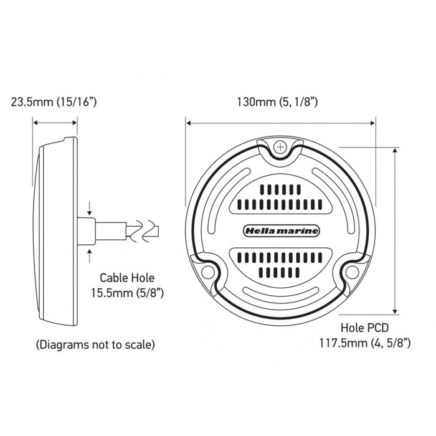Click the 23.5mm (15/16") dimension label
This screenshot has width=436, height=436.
[x=54, y=102]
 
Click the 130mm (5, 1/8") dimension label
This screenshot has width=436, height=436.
[x=278, y=102]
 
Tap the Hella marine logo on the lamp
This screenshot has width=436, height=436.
[x=281, y=231]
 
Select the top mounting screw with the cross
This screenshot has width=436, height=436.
[x=281, y=148]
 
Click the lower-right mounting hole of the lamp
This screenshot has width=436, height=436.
[x=353, y=272]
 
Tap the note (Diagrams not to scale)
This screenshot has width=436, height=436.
[x=95, y=344]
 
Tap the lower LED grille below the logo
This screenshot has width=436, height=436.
[x=281, y=263]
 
